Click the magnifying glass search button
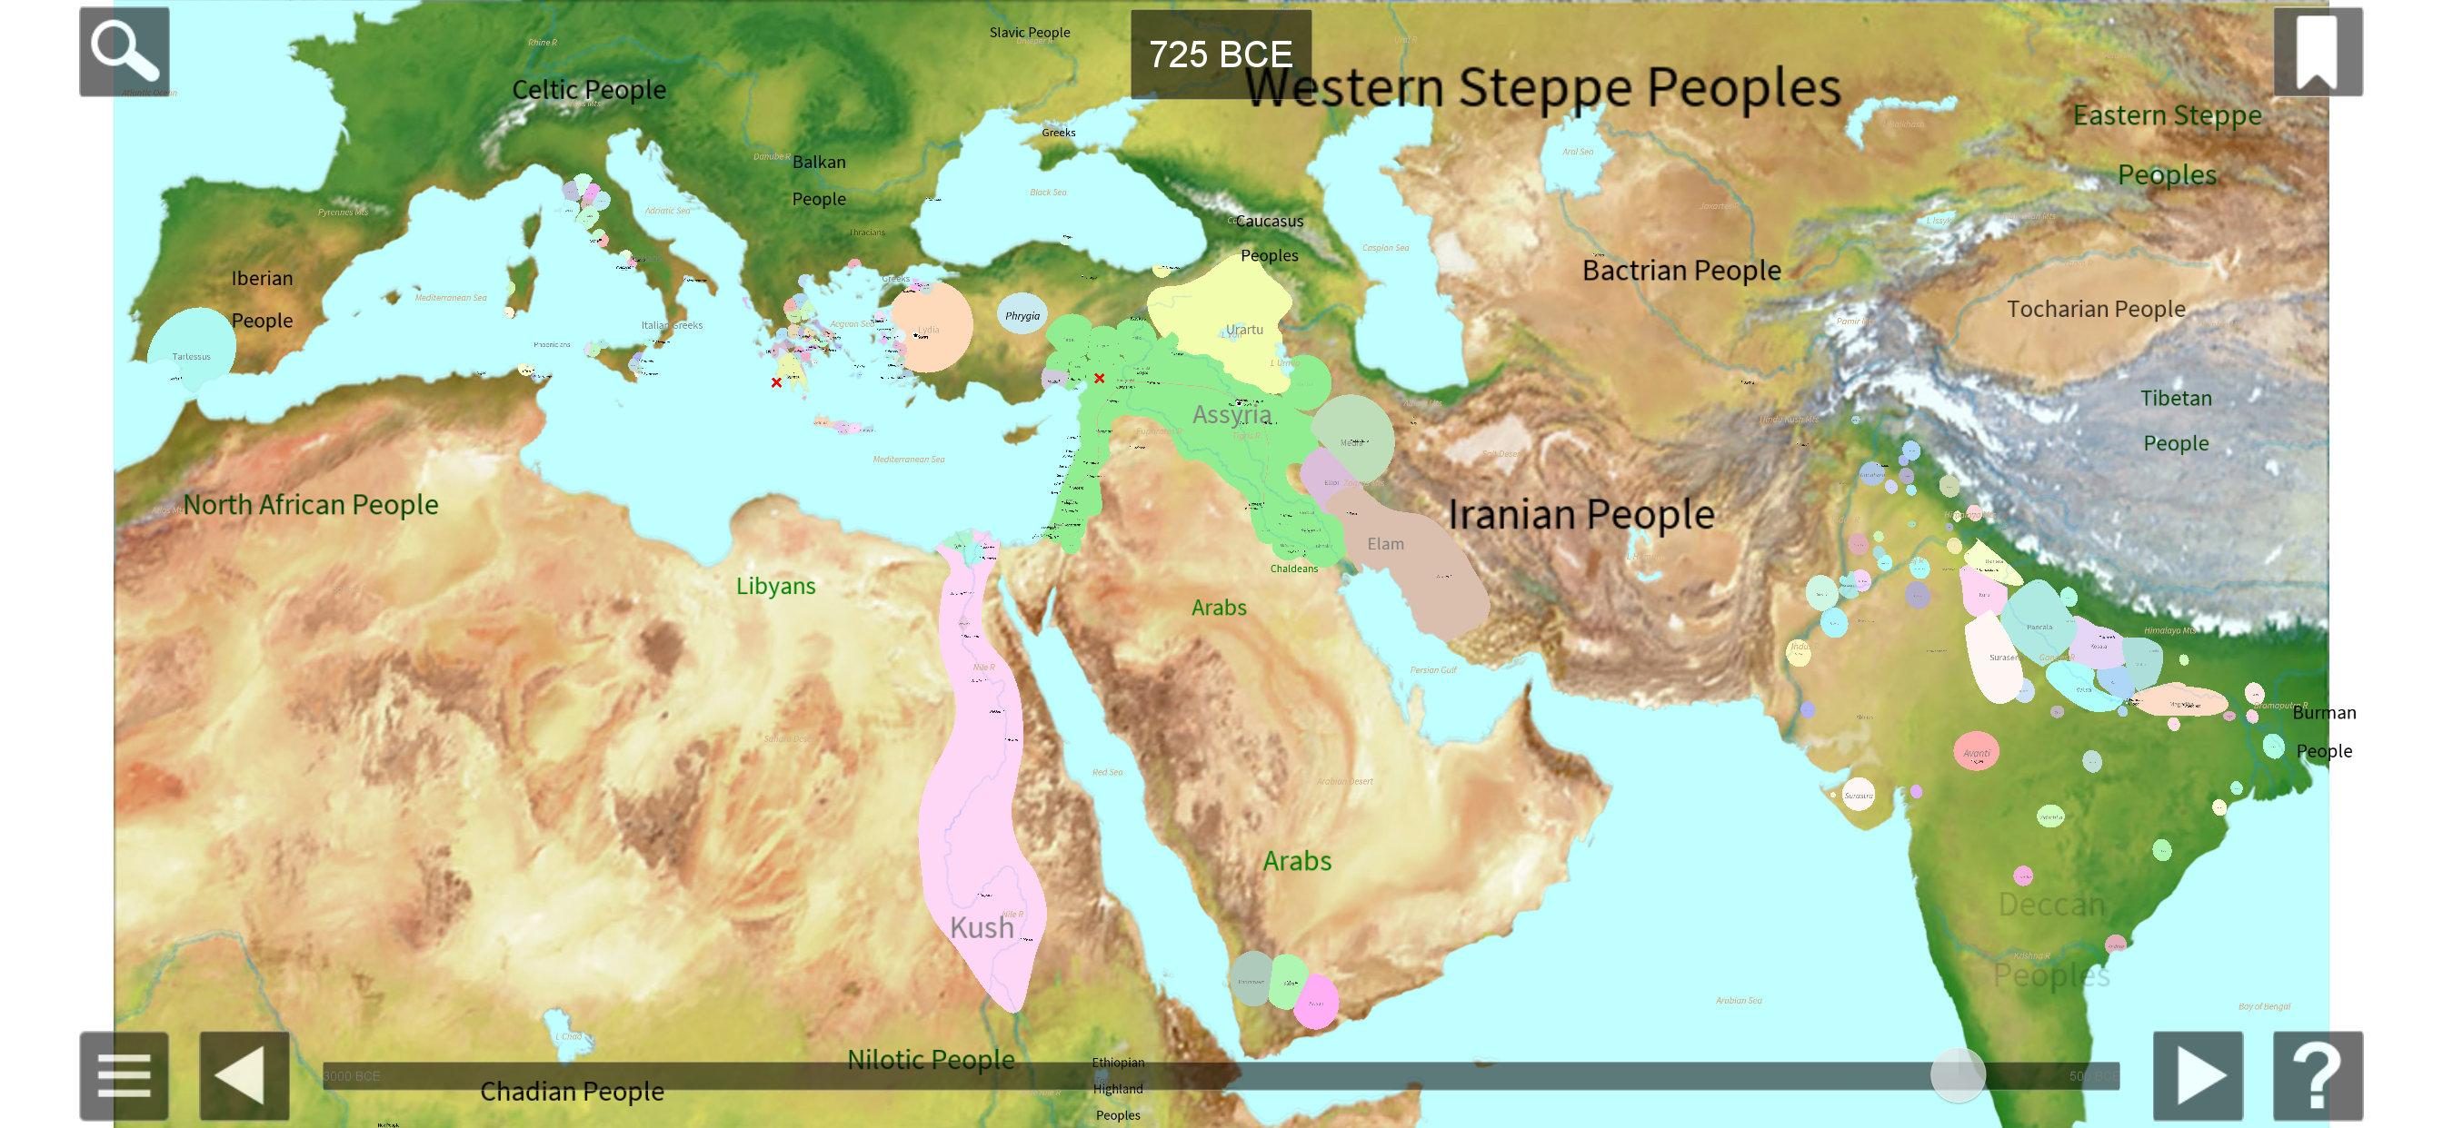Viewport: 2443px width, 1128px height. tap(125, 51)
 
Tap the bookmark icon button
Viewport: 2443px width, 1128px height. tap(2317, 51)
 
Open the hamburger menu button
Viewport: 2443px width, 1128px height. tap(125, 1076)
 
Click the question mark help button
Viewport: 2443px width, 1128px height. tap(2317, 1076)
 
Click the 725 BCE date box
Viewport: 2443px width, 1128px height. tap(1221, 54)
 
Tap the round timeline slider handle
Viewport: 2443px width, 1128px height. tap(1958, 1076)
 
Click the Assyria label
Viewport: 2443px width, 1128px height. tap(1231, 414)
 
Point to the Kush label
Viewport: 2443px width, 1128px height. tap(982, 927)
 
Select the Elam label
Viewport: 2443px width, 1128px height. tap(1384, 544)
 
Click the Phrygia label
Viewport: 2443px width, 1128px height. tap(1022, 316)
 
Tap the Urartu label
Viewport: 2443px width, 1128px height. tap(1244, 330)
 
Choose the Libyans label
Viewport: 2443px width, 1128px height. tap(776, 586)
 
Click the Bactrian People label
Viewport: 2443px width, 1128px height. tap(1681, 270)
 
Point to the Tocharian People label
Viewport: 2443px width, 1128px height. tap(2096, 309)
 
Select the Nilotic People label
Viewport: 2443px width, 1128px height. tap(931, 1059)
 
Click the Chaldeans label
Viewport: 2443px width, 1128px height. tap(1293, 569)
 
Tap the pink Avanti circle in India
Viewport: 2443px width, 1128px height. tap(1977, 752)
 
